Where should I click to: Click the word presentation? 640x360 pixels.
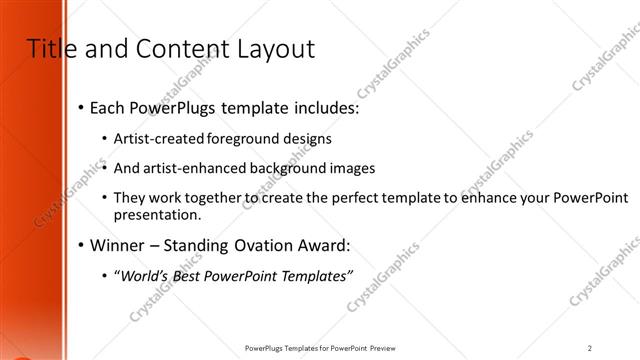[x=158, y=214]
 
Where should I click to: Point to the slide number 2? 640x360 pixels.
[x=590, y=348]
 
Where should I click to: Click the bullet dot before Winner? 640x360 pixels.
[x=80, y=245]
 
